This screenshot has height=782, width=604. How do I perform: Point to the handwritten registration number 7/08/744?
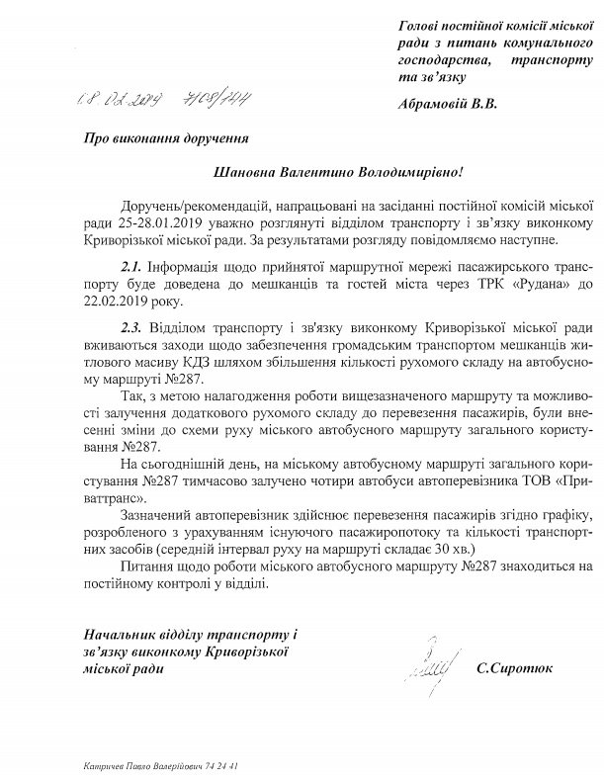pos(218,100)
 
